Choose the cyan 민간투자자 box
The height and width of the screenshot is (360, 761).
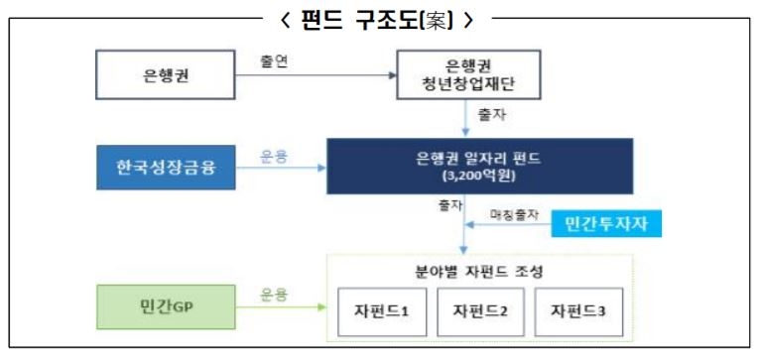point(606,224)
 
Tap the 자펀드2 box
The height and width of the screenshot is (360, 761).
point(480,310)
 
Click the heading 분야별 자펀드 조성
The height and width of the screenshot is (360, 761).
point(479,271)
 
